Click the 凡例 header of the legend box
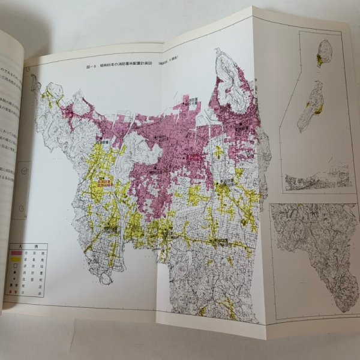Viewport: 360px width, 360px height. pyautogui.click(x=28, y=247)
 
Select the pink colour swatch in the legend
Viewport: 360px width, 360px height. pyautogui.click(x=16, y=255)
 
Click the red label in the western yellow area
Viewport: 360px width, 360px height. pyautogui.click(x=106, y=182)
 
